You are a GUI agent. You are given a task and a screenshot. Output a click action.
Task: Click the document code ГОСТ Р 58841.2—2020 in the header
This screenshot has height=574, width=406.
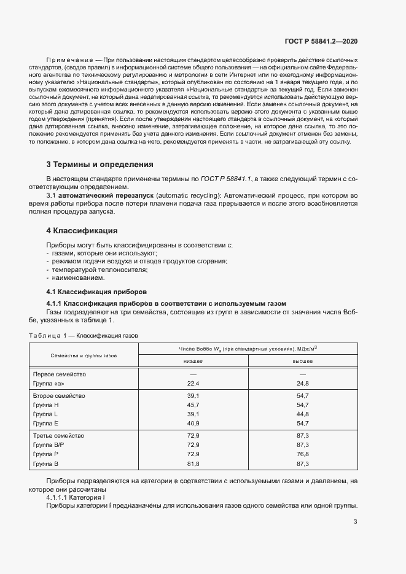coord(321,41)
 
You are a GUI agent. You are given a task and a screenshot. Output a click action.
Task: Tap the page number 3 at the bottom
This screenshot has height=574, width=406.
coord(356,522)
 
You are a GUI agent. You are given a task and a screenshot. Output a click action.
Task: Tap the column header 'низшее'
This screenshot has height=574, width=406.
coord(193,362)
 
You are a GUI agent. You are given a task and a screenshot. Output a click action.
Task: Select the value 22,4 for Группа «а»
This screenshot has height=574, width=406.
coord(193,383)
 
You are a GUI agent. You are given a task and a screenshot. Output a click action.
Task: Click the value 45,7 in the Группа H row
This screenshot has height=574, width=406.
coord(193,405)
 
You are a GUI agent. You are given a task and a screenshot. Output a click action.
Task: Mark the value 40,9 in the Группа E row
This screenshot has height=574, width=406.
coord(193,423)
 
